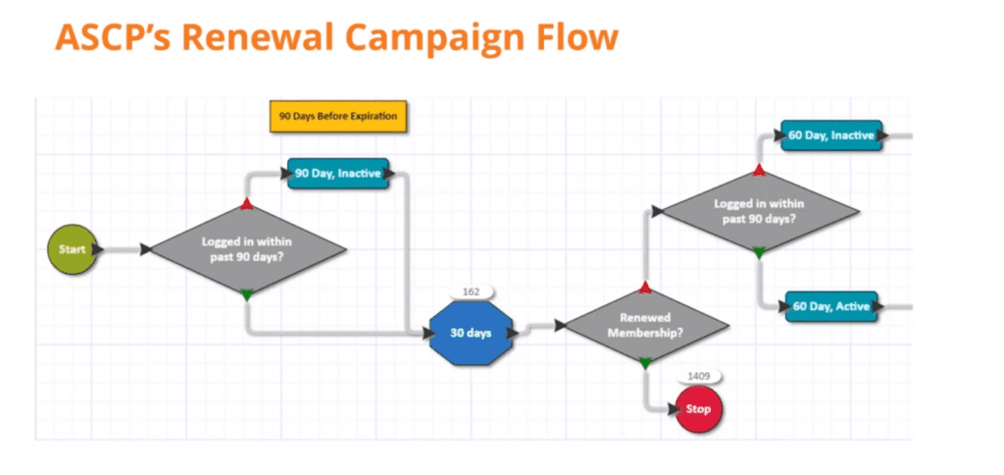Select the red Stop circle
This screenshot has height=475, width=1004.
(698, 408)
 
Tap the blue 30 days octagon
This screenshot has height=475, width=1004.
(471, 334)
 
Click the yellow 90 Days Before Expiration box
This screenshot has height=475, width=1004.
(338, 116)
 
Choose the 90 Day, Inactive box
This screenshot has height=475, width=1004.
(338, 174)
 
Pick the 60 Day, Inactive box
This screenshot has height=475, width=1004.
(831, 135)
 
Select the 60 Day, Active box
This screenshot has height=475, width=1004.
(831, 306)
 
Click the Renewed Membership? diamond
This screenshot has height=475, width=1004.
(644, 326)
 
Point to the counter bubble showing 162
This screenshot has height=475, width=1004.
(470, 292)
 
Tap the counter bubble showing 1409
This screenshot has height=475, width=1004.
(698, 376)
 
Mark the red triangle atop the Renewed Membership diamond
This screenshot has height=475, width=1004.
(644, 287)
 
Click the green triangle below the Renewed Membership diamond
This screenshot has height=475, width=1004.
(644, 364)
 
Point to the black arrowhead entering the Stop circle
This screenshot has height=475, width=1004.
(669, 408)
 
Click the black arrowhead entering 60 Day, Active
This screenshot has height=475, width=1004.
(785, 306)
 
